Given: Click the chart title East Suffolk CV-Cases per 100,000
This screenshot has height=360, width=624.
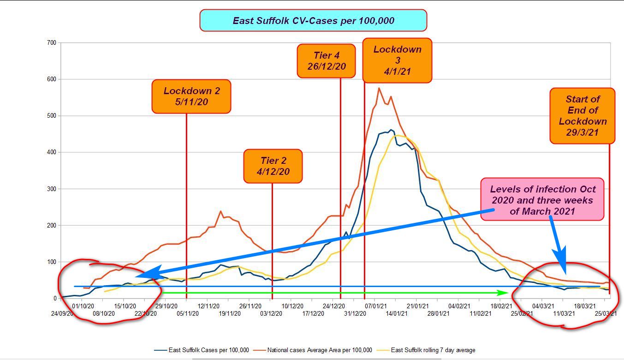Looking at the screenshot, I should click(313, 21).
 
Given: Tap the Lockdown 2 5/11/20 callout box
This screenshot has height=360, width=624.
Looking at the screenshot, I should click(191, 96).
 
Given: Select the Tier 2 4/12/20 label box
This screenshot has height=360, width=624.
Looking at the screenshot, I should click(273, 166).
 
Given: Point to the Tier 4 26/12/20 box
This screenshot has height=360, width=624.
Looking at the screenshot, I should click(326, 61).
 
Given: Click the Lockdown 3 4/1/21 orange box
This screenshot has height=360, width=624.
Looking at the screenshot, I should click(397, 60).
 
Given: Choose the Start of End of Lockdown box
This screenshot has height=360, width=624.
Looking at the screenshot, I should click(582, 116).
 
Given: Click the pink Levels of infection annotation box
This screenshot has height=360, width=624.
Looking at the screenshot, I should click(542, 200).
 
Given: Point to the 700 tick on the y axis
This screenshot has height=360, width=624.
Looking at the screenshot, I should click(52, 43).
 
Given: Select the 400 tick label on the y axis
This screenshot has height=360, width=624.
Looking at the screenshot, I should click(52, 152).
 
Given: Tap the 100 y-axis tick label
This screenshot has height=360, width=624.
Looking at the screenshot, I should click(52, 262).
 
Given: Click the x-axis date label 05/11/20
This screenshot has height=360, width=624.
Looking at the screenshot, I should click(188, 314).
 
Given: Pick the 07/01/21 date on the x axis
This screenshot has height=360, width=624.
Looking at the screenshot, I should click(376, 306).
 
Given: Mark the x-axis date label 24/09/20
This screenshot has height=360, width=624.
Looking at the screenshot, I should click(62, 314).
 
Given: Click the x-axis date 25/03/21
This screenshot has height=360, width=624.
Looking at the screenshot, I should click(606, 314).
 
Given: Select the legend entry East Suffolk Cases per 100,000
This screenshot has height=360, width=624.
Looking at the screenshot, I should click(208, 350).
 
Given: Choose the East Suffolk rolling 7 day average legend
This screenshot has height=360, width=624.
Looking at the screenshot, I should click(433, 350).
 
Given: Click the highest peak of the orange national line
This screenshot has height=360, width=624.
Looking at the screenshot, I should click(379, 88).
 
